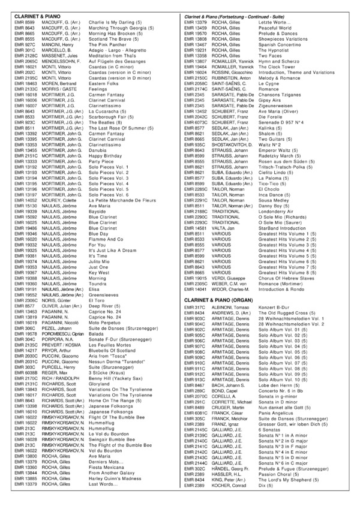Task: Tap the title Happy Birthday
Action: click(x=107, y=155)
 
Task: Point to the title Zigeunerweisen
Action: click(x=278, y=106)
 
